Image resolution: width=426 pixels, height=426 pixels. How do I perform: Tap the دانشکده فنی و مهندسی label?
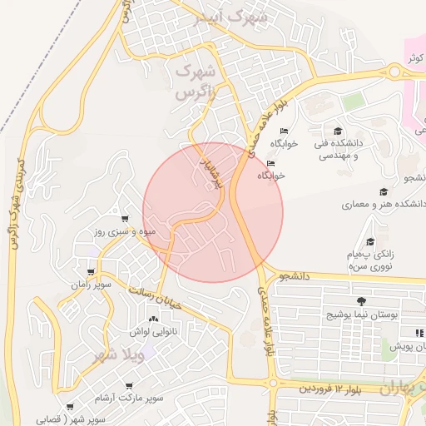tap(336, 149)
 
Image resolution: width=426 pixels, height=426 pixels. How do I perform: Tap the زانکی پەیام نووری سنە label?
tap(371, 260)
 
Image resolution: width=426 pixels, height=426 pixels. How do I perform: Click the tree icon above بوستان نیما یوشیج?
tap(360, 301)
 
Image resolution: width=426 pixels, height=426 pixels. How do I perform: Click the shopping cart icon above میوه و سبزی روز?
tap(125, 219)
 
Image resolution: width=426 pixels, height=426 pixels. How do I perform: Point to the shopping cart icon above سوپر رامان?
tap(91, 272)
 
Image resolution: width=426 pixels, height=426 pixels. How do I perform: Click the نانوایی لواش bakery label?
tap(151, 331)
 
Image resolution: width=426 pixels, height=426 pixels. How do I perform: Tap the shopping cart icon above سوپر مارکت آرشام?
tap(128, 385)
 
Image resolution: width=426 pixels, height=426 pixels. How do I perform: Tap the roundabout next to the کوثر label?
tap(394, 72)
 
